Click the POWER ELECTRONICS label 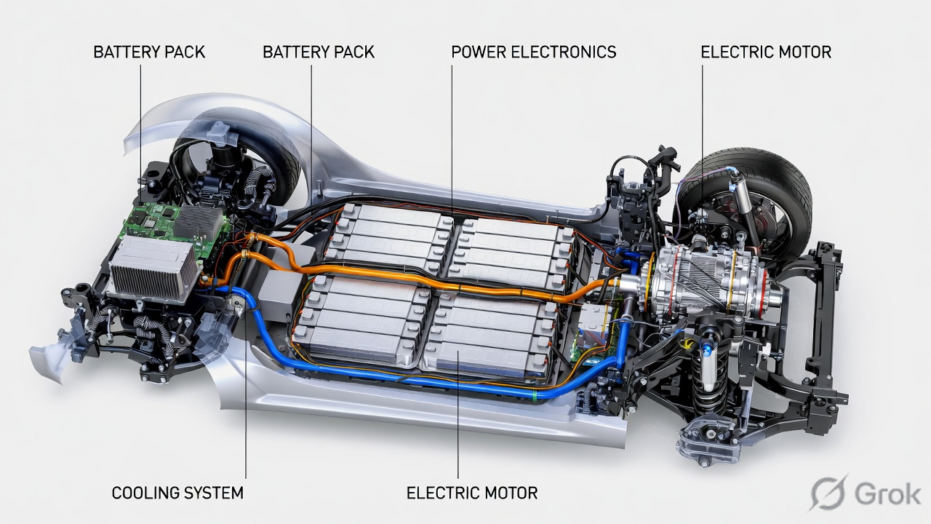click(x=533, y=52)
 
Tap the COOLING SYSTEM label click(x=177, y=493)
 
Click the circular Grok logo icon click(x=829, y=493)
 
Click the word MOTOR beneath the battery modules click(x=508, y=493)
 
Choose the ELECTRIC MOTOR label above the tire click(x=765, y=52)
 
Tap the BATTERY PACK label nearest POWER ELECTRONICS click(x=318, y=52)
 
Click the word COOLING click(x=143, y=493)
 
